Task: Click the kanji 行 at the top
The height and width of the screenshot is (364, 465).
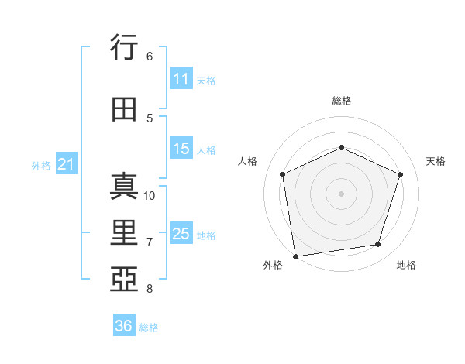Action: click(124, 46)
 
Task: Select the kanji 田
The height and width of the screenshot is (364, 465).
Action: click(124, 109)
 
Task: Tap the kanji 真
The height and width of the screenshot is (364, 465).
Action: click(124, 186)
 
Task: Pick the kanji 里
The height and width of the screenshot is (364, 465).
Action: click(124, 232)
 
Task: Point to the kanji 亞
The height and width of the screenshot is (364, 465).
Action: click(124, 279)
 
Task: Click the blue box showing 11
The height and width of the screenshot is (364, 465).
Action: click(181, 78)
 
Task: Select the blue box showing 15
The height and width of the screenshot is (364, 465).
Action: click(181, 148)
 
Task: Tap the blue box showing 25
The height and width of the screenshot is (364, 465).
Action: click(181, 232)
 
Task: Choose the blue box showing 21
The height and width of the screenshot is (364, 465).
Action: click(67, 163)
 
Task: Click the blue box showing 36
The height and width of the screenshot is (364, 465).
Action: click(124, 325)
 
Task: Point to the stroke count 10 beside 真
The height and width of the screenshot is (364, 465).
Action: click(149, 196)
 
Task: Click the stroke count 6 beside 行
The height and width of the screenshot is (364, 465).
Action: click(150, 57)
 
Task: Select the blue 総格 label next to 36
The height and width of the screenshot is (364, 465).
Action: click(149, 328)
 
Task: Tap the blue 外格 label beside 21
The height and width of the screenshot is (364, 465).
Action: click(41, 166)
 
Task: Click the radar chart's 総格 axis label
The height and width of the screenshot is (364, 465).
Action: click(342, 101)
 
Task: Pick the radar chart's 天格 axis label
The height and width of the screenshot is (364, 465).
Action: click(436, 161)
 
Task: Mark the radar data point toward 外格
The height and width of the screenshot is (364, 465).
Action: click(296, 256)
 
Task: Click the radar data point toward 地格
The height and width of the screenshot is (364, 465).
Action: click(378, 245)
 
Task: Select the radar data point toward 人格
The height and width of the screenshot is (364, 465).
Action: click(283, 174)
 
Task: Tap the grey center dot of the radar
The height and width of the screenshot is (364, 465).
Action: click(341, 194)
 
